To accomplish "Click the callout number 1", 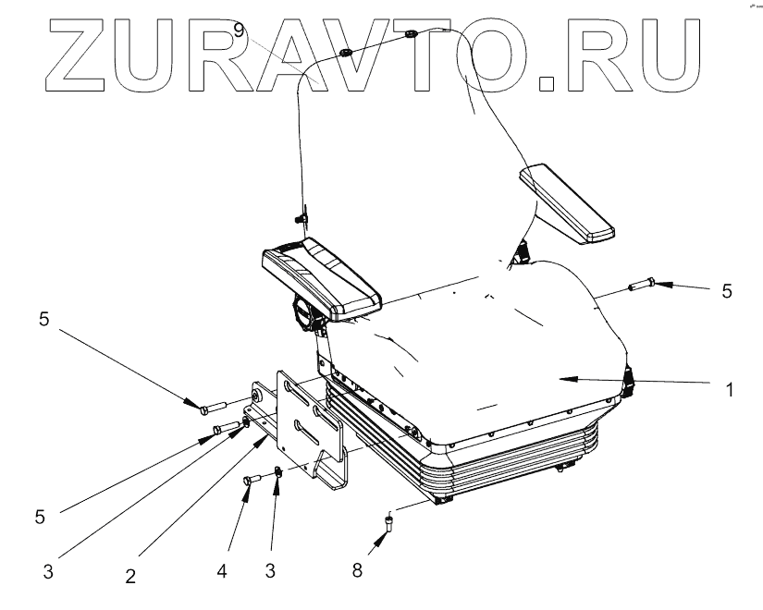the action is tap(731, 391).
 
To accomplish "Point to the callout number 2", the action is tap(131, 576).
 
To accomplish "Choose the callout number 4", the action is tap(222, 570).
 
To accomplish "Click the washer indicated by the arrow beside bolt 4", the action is tap(276, 475).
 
